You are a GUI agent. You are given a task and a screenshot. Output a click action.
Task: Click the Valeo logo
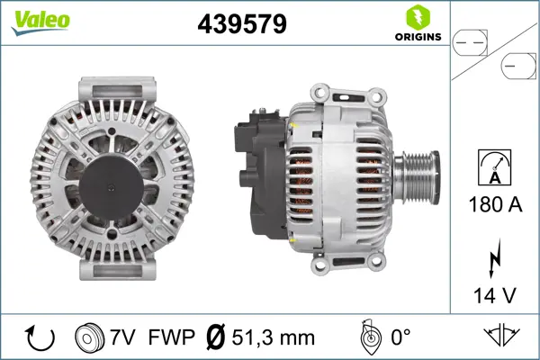[x=40, y=22]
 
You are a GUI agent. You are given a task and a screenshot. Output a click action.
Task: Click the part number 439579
[x=242, y=24]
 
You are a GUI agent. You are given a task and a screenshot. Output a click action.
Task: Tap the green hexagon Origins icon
[x=418, y=18]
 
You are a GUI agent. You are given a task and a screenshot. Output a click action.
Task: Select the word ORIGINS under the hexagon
[x=418, y=37]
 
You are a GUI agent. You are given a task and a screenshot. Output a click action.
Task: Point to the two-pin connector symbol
[x=470, y=43]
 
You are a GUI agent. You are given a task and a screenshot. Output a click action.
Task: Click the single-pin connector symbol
[x=518, y=66]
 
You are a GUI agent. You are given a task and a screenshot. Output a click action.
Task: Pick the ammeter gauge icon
[x=494, y=167]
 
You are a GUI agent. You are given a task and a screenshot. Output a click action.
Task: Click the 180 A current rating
[x=495, y=204]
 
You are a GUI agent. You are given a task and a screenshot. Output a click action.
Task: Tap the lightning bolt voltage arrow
[x=494, y=258]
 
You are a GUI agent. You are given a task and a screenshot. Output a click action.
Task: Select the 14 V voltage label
[x=494, y=295]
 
